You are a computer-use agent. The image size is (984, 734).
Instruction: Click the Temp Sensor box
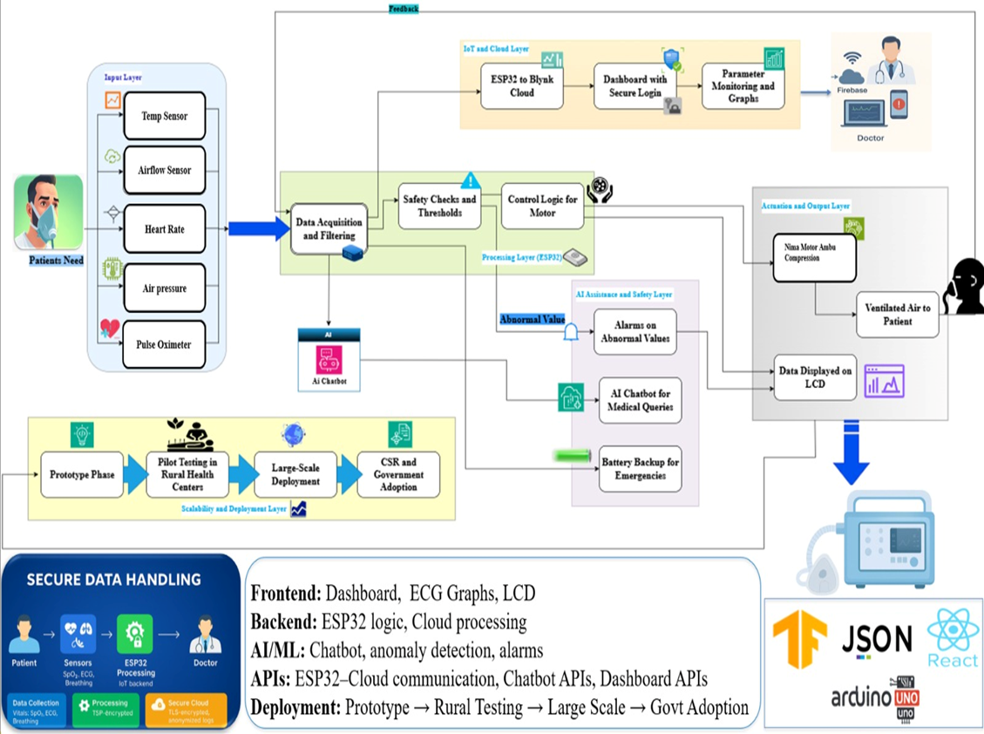[164, 116]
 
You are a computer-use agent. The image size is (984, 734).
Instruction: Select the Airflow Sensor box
[164, 171]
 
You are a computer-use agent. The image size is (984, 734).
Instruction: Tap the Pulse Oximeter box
[164, 344]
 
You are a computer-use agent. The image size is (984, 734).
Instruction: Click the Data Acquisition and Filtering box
[329, 228]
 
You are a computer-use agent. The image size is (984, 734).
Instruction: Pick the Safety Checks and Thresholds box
[440, 206]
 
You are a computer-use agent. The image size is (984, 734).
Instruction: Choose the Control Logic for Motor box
[542, 206]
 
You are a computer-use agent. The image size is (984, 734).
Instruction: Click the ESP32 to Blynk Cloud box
[521, 85]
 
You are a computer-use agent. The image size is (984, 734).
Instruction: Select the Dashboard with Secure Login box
[635, 85]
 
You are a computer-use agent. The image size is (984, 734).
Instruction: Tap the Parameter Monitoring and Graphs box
[742, 86]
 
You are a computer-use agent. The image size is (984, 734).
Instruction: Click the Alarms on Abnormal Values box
[635, 331]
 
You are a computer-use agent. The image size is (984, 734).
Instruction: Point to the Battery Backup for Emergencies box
[640, 468]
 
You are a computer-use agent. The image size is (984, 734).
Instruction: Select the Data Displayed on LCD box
[816, 377]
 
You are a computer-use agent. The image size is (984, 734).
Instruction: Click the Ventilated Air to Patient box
[897, 315]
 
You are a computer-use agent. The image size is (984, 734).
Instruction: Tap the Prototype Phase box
[82, 474]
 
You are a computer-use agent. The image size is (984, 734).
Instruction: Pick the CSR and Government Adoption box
[398, 474]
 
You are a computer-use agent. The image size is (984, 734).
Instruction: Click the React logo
[953, 638]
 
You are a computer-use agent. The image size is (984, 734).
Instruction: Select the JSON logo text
[877, 639]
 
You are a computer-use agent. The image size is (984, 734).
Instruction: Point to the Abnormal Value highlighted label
[532, 319]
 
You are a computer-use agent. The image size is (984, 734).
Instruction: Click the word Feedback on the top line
[404, 8]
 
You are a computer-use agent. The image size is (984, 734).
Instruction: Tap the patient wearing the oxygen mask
[49, 212]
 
